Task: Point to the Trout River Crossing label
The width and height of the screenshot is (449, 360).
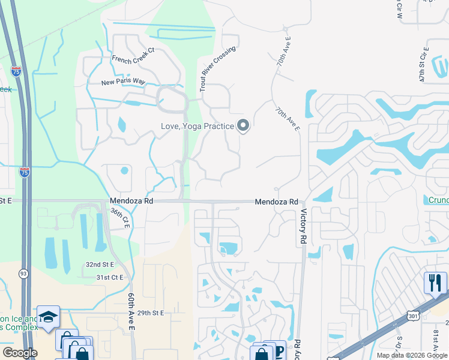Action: [217, 69]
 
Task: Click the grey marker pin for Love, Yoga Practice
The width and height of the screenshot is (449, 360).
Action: [243, 126]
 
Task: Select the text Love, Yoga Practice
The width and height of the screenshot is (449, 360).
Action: [197, 127]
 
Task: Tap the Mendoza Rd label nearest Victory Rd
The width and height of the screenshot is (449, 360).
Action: [276, 202]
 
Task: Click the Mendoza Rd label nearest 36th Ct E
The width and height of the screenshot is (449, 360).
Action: [131, 202]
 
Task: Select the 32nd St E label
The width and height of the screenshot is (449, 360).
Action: [100, 264]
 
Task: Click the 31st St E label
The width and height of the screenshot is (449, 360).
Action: [109, 277]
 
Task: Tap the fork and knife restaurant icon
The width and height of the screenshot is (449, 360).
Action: [435, 281]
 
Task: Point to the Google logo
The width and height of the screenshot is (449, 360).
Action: [20, 353]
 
